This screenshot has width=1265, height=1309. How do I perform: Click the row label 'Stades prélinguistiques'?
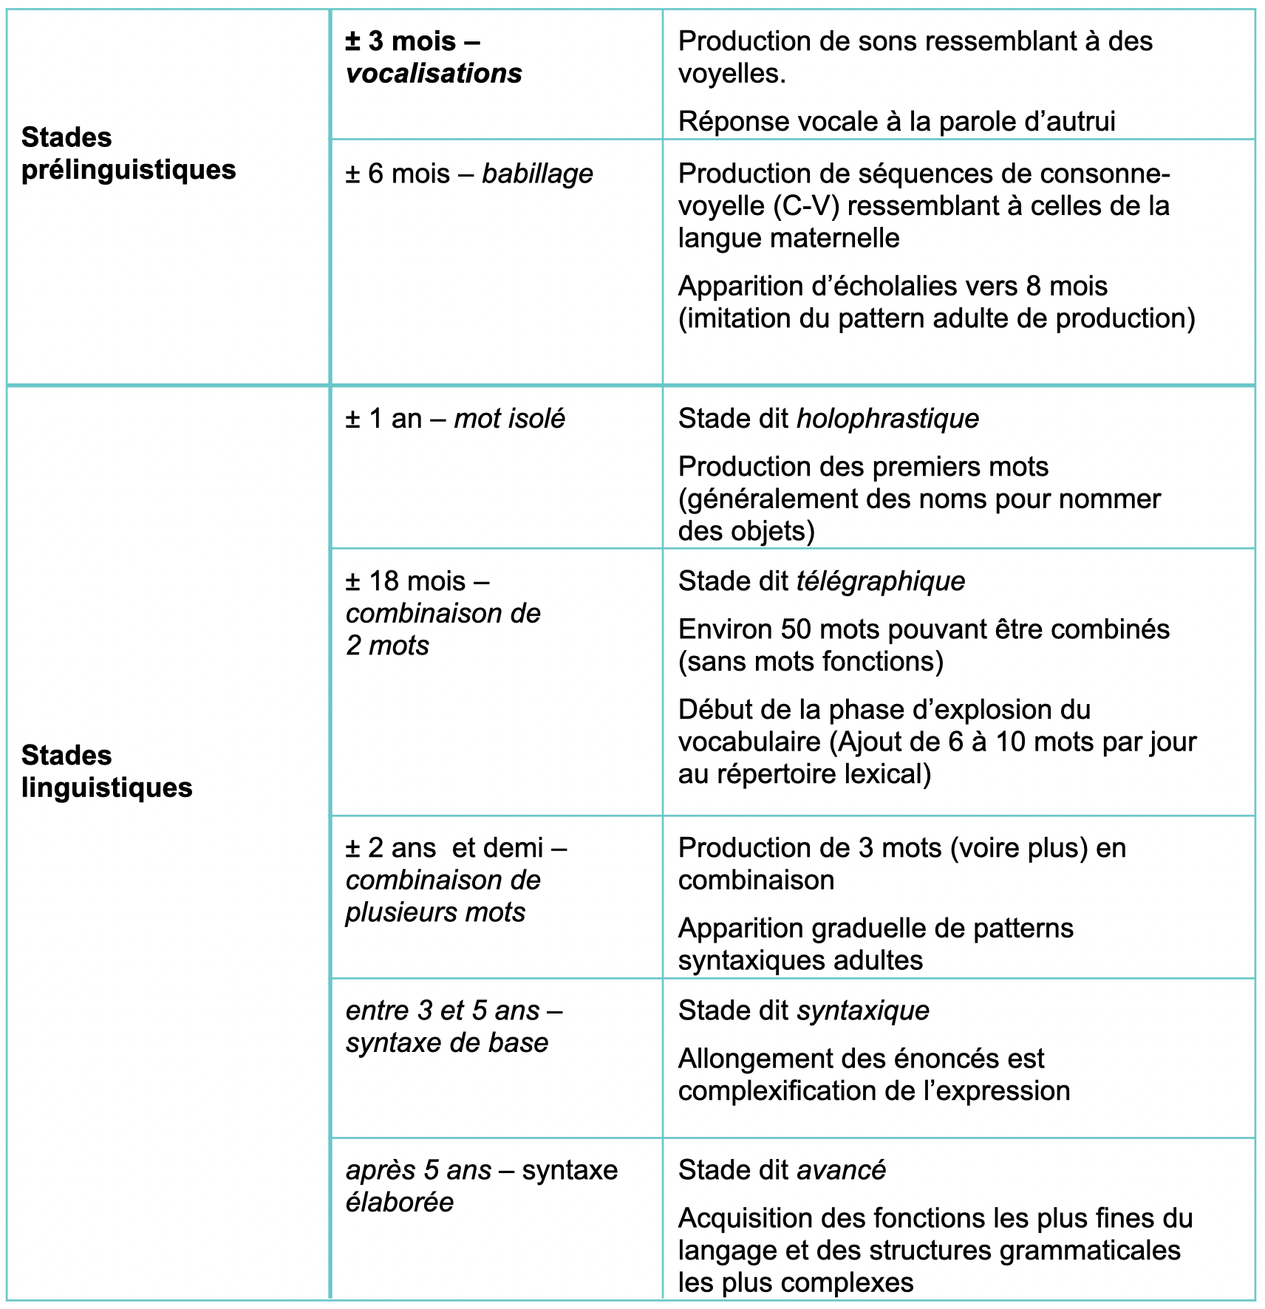tap(128, 154)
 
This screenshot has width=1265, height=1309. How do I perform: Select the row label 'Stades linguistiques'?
tap(106, 771)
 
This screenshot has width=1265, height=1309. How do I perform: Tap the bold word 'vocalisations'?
tap(434, 74)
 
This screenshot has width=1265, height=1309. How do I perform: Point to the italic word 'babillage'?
tap(537, 174)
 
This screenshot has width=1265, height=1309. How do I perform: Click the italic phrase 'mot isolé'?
tap(509, 419)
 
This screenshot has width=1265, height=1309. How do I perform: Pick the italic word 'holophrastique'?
tap(887, 419)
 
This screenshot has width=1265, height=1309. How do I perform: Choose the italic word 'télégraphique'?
tap(880, 581)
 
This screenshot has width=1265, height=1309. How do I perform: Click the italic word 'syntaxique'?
tap(862, 1011)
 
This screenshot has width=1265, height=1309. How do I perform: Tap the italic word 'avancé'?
tap(841, 1170)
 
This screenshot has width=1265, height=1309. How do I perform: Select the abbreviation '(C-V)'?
tap(806, 206)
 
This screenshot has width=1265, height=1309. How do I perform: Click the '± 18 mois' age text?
tap(406, 581)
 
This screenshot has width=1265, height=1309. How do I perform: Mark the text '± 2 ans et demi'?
tap(444, 848)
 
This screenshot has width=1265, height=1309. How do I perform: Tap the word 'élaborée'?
tap(399, 1203)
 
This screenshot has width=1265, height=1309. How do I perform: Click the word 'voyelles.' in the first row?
tap(732, 74)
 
